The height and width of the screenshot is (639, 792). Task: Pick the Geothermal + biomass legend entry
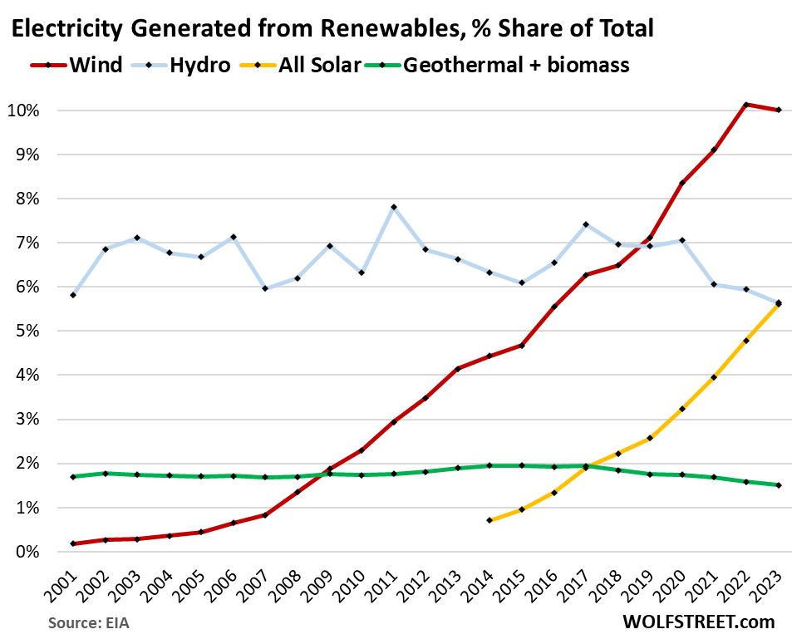(515, 64)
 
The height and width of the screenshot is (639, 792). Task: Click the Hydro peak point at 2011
(393, 207)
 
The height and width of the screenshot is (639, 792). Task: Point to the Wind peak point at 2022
(746, 105)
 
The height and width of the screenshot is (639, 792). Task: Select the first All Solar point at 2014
(489, 520)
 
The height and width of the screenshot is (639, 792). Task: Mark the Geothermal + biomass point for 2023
(778, 485)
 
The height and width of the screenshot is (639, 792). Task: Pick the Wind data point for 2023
(778, 110)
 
